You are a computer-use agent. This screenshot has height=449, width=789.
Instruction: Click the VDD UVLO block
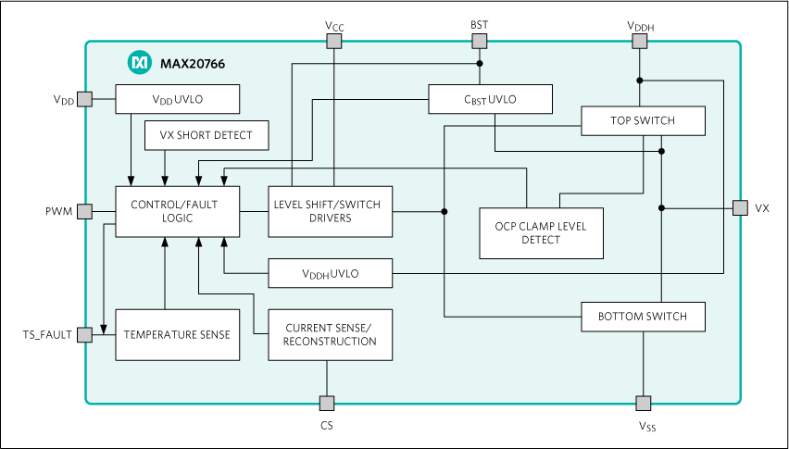click(x=178, y=99)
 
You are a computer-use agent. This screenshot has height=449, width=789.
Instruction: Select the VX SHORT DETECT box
click(x=207, y=135)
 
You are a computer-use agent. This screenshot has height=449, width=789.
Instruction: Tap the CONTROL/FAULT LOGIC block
click(x=177, y=211)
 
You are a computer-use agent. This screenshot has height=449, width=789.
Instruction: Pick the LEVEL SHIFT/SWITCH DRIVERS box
click(x=331, y=211)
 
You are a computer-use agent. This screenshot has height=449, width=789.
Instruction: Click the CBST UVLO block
click(x=490, y=99)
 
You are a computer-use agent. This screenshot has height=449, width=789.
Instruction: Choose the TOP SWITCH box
click(x=643, y=120)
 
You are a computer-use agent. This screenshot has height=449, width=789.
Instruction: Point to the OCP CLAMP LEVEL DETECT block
click(x=542, y=233)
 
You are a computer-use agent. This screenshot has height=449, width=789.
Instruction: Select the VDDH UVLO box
click(x=331, y=273)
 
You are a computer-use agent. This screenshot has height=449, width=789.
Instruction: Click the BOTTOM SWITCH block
click(x=643, y=317)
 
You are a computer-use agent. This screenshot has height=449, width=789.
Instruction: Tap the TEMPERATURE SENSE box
click(x=177, y=334)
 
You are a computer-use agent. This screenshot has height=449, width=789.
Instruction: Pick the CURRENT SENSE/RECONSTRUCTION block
click(x=331, y=334)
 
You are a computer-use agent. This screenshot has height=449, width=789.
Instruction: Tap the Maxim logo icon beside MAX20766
click(x=139, y=63)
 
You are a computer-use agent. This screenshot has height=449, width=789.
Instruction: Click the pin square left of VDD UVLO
click(x=85, y=99)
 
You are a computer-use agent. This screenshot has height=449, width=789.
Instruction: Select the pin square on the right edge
click(x=740, y=208)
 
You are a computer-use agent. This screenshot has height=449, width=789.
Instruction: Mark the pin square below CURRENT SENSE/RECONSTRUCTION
click(x=327, y=403)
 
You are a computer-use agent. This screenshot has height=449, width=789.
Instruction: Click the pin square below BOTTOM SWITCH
click(x=644, y=403)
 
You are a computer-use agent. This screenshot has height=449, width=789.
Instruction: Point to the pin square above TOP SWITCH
click(x=639, y=41)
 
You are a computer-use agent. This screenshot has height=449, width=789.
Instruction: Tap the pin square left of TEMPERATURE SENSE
click(x=85, y=334)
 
